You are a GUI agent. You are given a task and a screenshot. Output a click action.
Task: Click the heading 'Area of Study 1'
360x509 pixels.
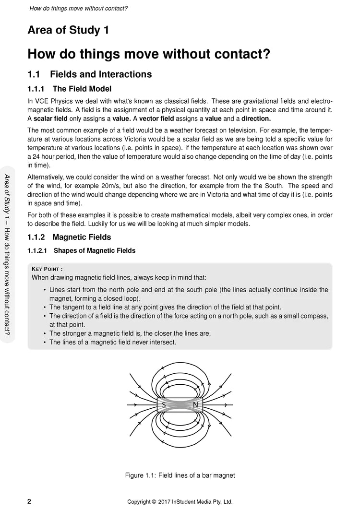coord(68,31)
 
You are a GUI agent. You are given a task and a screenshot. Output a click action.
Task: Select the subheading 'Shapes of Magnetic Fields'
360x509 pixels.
coord(95,250)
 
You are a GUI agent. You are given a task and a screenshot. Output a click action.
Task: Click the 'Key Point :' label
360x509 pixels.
coord(47,269)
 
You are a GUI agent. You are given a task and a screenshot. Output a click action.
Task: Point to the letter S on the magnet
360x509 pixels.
coord(164,405)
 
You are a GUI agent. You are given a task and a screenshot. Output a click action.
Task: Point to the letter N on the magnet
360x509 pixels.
coord(195,405)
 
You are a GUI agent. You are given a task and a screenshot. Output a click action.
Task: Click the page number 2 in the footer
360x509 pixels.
coord(29,501)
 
